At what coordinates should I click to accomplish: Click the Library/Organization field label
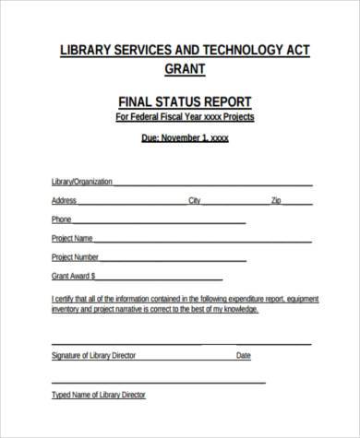click(81, 182)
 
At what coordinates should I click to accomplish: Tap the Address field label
click(64, 200)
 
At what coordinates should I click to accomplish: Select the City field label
click(194, 200)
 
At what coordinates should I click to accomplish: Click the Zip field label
click(276, 200)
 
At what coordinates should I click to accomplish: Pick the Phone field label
click(61, 219)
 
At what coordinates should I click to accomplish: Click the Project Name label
click(71, 238)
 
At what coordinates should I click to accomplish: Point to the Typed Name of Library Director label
click(99, 396)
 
